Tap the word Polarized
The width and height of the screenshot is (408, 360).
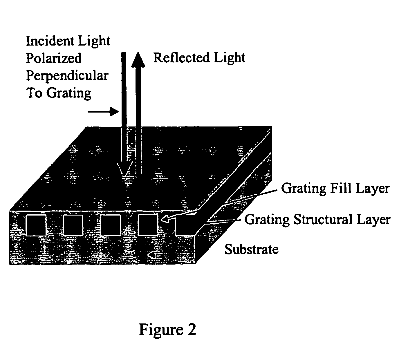(x=54, y=58)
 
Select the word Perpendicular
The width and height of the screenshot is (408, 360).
(x=67, y=76)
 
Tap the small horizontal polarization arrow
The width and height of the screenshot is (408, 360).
(x=103, y=111)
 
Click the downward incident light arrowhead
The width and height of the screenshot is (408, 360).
(x=124, y=168)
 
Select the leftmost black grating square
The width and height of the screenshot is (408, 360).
(x=36, y=225)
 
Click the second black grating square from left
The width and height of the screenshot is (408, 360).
(x=73, y=225)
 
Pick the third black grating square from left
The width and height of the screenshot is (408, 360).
(x=111, y=225)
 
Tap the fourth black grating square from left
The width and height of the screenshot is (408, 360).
(x=148, y=225)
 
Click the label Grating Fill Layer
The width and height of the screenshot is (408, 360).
(x=335, y=189)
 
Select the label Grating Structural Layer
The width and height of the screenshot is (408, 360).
(x=317, y=220)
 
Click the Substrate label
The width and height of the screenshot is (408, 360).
(x=252, y=249)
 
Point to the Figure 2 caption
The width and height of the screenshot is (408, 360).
(x=168, y=330)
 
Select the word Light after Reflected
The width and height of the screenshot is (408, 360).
(x=230, y=58)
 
